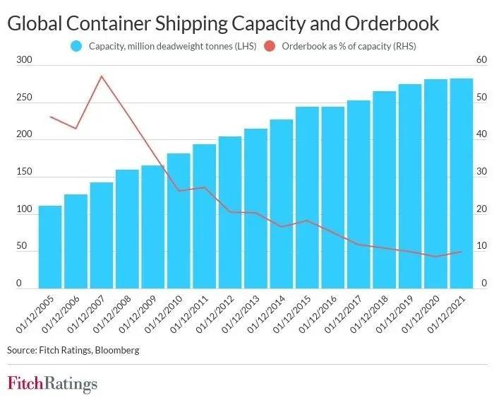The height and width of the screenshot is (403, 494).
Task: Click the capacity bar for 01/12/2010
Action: pyautogui.click(x=179, y=220)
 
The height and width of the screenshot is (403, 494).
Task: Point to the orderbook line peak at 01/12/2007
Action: pyautogui.click(x=102, y=76)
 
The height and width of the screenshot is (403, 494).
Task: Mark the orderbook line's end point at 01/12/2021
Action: pyautogui.click(x=462, y=251)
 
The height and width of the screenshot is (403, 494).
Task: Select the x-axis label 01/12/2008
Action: pyautogui.click(x=117, y=315)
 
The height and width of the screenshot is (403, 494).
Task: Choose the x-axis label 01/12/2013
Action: pyautogui.click(x=245, y=315)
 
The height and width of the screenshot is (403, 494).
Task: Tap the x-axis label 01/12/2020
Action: pyautogui.click(x=425, y=315)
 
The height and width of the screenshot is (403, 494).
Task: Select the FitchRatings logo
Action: pyautogui.click(x=52, y=384)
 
